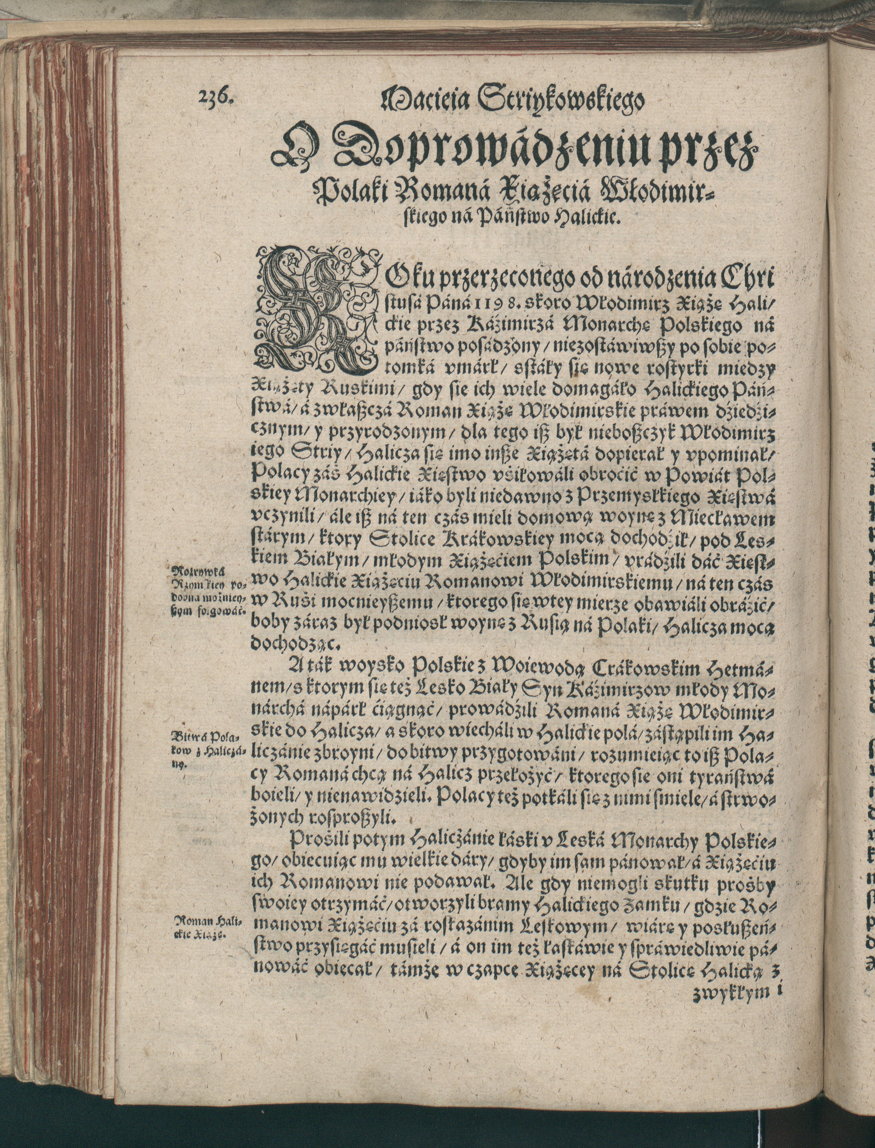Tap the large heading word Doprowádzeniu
490,149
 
